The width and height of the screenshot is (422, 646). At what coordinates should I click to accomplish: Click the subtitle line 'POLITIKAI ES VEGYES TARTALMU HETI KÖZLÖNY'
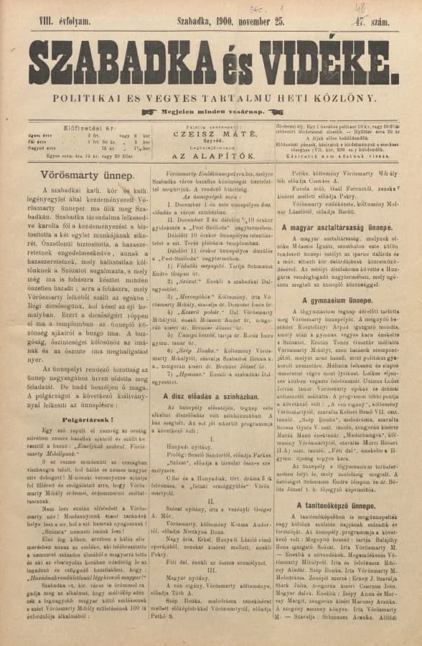click(x=211, y=95)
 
